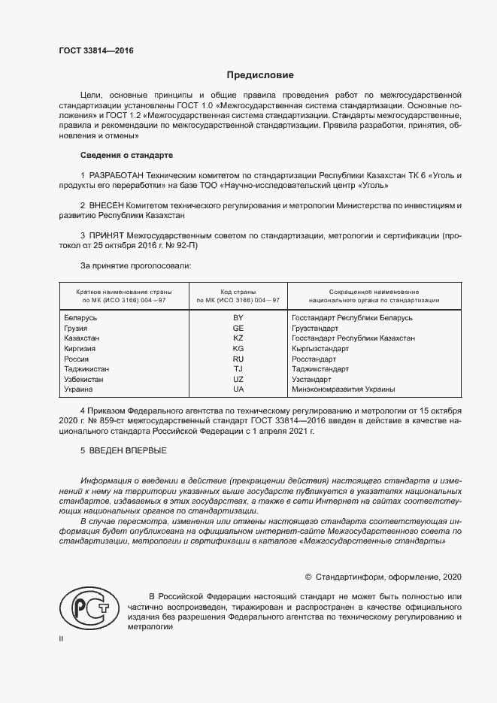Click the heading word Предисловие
point(260,75)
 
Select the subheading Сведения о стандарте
point(126,155)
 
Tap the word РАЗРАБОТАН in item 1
point(120,174)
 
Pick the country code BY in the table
point(238,317)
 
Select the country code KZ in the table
point(238,338)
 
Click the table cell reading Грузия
point(77,328)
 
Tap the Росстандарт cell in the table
point(314,359)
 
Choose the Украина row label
point(79,389)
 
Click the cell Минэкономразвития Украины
point(343,389)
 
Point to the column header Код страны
point(238,291)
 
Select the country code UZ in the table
point(238,380)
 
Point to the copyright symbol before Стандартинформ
point(308,577)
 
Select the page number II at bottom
point(62,640)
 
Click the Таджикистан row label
point(86,369)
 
